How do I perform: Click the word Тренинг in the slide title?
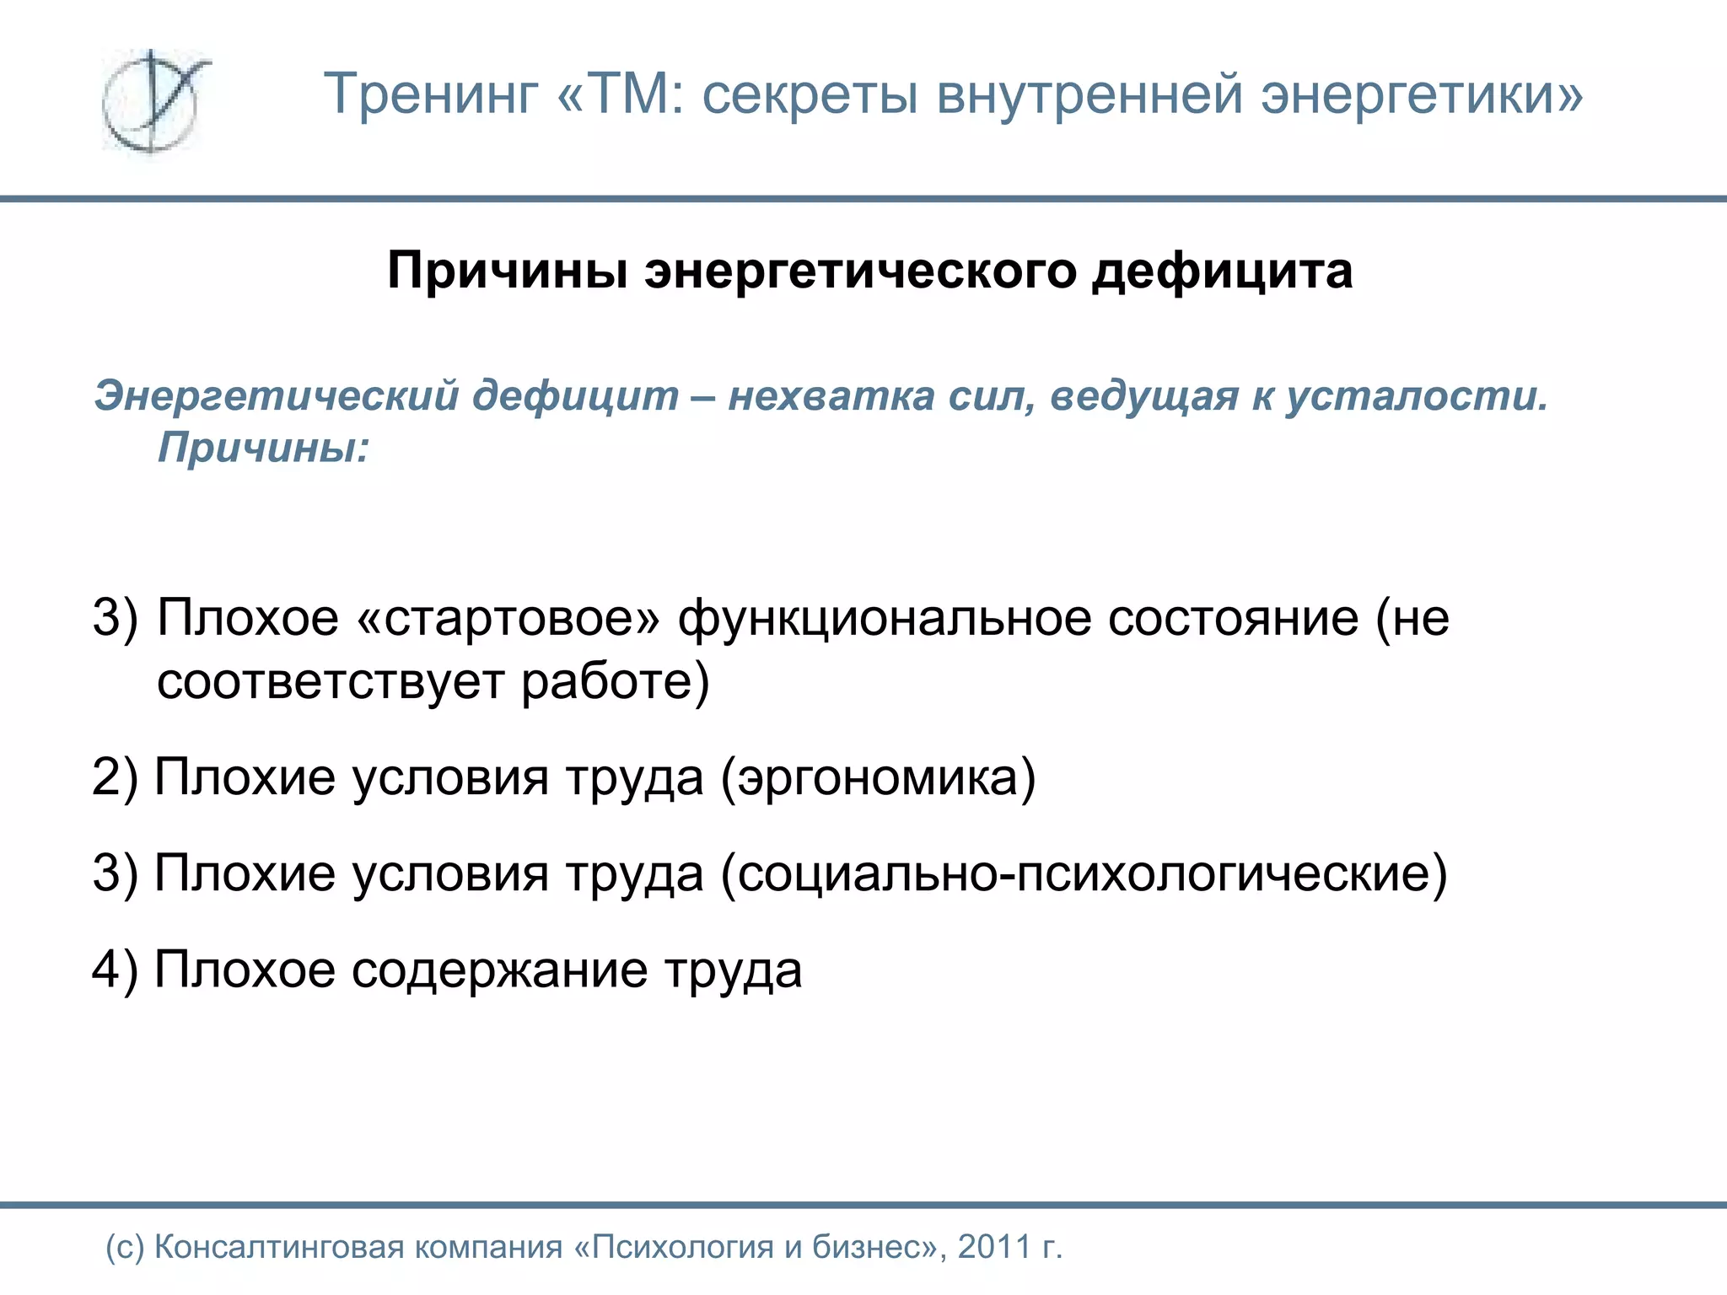(x=431, y=94)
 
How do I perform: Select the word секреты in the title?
(x=810, y=94)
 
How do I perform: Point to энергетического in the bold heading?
(x=860, y=272)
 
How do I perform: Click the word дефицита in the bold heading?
(x=1223, y=272)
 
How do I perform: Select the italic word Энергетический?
(x=279, y=396)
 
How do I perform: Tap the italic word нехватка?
(x=831, y=396)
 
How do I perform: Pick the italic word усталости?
(x=1417, y=396)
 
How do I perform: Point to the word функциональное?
(x=885, y=618)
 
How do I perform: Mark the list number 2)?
(x=115, y=777)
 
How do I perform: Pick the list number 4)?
(x=115, y=970)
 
